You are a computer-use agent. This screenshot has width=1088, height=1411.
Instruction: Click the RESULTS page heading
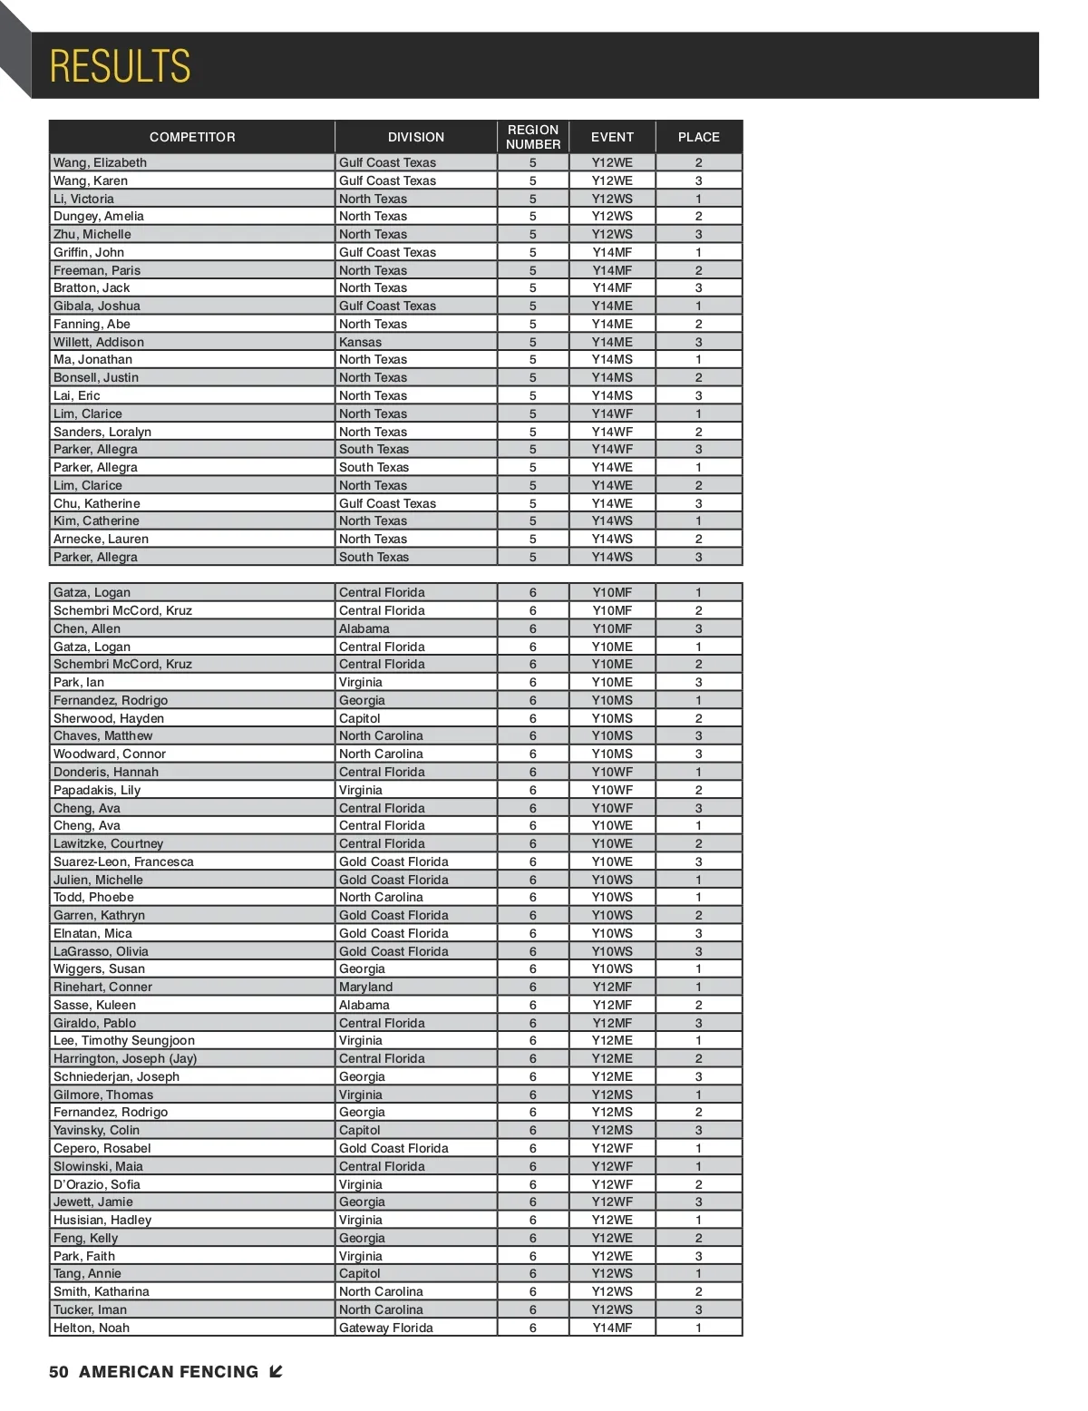point(120,66)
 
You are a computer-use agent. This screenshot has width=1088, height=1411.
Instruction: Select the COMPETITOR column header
point(192,137)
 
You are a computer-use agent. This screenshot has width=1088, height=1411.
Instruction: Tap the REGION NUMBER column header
point(533,137)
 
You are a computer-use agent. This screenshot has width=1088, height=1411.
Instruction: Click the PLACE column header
point(698,137)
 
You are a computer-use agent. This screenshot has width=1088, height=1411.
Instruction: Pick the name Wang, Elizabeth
point(100,162)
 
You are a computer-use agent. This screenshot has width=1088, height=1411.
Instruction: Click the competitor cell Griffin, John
point(89,252)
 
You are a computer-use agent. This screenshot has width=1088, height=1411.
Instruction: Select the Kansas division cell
point(360,342)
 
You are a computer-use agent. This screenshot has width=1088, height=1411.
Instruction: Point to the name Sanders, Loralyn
point(102,432)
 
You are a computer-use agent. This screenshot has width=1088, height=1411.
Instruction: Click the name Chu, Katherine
point(97,503)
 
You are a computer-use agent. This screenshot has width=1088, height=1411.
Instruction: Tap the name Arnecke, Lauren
point(101,539)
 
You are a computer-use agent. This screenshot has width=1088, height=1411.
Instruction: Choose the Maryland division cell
point(365,987)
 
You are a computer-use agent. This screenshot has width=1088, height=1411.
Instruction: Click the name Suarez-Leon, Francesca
point(123,861)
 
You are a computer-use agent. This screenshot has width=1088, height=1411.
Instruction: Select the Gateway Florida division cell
point(385,1328)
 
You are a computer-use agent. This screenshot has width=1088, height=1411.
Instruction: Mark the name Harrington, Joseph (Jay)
point(125,1058)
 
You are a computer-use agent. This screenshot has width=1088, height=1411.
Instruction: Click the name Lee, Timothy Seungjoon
point(124,1040)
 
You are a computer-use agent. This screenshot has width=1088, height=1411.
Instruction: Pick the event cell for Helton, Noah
point(612,1328)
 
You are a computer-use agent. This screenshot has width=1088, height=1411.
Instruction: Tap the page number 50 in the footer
point(59,1372)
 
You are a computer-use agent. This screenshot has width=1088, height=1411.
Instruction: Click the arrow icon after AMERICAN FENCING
point(276,1372)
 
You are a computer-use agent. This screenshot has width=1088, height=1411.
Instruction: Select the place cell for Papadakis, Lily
point(698,790)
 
